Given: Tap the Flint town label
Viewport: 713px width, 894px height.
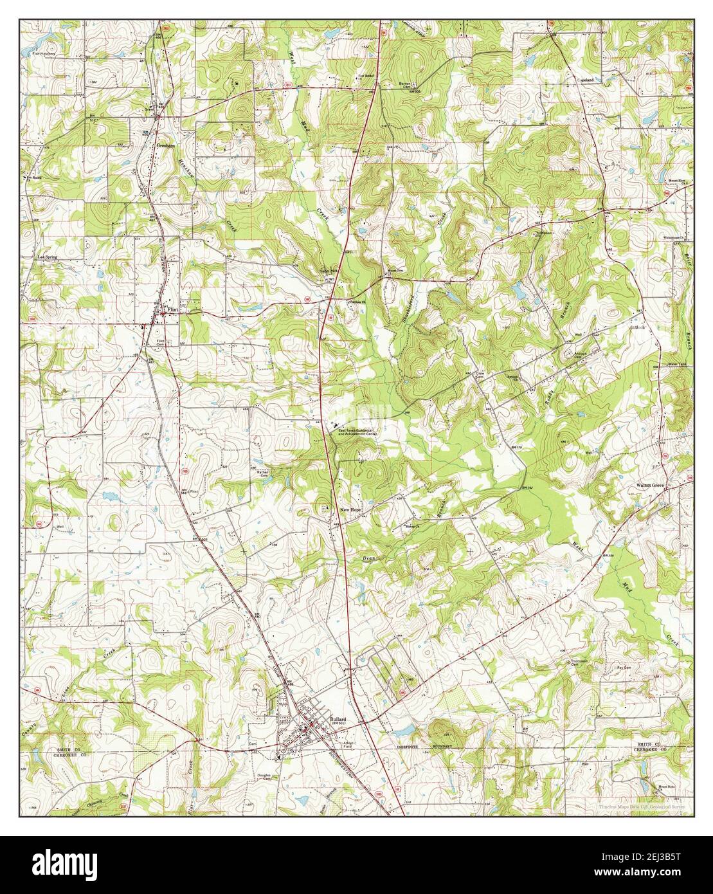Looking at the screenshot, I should [171, 309].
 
